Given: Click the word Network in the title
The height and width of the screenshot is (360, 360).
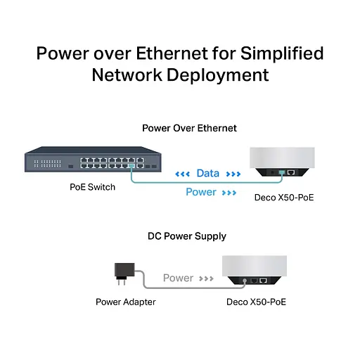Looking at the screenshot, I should (127, 75).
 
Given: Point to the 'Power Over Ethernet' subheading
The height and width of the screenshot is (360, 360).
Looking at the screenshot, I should (189, 128).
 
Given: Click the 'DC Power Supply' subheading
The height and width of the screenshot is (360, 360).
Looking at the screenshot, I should (186, 236).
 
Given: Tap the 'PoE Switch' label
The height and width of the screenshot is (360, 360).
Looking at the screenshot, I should (93, 187).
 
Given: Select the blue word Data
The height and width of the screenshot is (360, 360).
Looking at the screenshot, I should (207, 173).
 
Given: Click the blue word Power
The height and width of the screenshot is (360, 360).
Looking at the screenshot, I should (200, 192).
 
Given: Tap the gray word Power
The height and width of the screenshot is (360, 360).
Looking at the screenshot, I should (178, 278).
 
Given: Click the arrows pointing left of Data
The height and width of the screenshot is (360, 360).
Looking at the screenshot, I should (182, 174).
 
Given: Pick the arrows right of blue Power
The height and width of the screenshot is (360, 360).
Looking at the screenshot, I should (229, 192).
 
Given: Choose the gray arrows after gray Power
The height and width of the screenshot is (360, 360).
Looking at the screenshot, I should (206, 278).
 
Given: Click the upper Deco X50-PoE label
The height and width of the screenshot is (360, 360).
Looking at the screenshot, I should (283, 198).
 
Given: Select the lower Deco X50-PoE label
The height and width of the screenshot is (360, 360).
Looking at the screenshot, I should (257, 302).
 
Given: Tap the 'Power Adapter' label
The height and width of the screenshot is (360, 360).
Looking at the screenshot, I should (126, 302).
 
